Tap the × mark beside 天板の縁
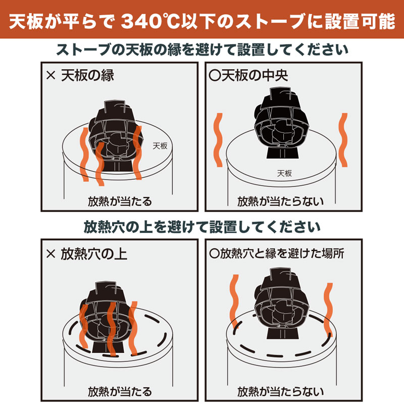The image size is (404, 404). (x=50, y=76)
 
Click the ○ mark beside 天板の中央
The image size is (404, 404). (x=214, y=76)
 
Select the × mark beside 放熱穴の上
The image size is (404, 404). (x=50, y=253)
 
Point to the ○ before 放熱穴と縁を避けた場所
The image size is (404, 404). (x=214, y=253)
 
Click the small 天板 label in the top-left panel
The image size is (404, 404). (x=160, y=145)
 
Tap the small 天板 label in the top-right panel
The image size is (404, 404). (x=285, y=173)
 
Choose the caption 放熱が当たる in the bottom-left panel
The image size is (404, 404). (x=119, y=391)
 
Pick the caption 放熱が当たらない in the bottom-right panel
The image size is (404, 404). (x=281, y=391)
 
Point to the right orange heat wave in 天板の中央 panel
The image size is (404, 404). (x=343, y=140)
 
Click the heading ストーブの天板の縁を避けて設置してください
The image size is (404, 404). (x=202, y=50)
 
